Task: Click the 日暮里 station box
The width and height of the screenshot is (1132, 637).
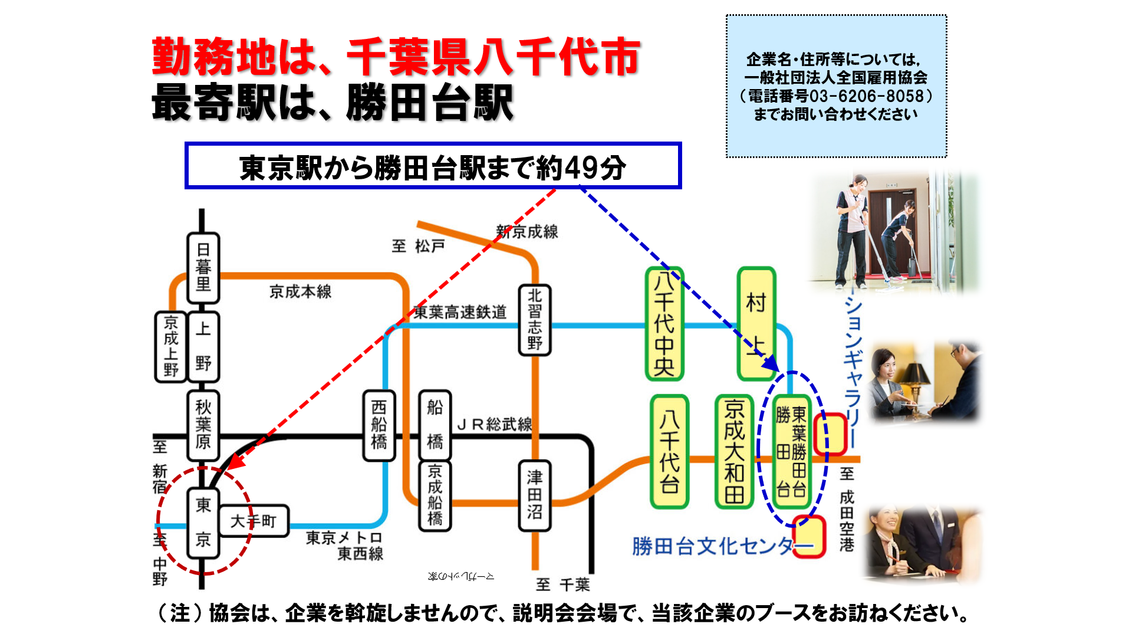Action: (x=203, y=268)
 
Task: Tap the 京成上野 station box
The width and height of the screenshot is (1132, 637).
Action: (x=170, y=346)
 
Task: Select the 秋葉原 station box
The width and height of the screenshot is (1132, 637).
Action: (x=203, y=425)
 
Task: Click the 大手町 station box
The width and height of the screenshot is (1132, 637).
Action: (x=254, y=521)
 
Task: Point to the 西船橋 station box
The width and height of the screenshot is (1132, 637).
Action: (x=379, y=425)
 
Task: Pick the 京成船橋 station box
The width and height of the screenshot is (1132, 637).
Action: (x=435, y=495)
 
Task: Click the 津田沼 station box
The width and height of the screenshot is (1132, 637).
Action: (x=534, y=495)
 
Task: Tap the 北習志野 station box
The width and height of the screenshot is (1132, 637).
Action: (x=534, y=320)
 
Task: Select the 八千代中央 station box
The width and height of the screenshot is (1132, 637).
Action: (x=664, y=324)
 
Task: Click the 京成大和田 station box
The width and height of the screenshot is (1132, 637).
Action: (x=734, y=451)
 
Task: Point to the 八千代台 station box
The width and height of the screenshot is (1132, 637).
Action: (x=669, y=451)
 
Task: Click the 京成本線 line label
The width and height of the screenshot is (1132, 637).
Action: (x=300, y=291)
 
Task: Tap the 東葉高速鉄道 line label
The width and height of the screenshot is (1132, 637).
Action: (x=460, y=312)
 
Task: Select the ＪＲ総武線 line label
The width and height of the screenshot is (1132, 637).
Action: (x=495, y=424)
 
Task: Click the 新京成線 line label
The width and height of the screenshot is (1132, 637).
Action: (x=527, y=232)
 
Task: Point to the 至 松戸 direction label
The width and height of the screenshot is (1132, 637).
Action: (x=418, y=245)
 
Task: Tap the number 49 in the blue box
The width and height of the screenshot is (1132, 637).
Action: (x=581, y=168)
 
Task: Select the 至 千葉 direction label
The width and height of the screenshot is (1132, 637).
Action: (x=562, y=585)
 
